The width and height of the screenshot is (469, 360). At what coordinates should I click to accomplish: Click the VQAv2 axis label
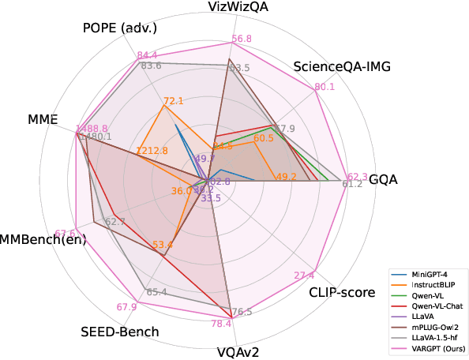(x=238, y=351)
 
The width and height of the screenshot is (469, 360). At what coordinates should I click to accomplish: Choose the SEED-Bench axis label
(x=119, y=332)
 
